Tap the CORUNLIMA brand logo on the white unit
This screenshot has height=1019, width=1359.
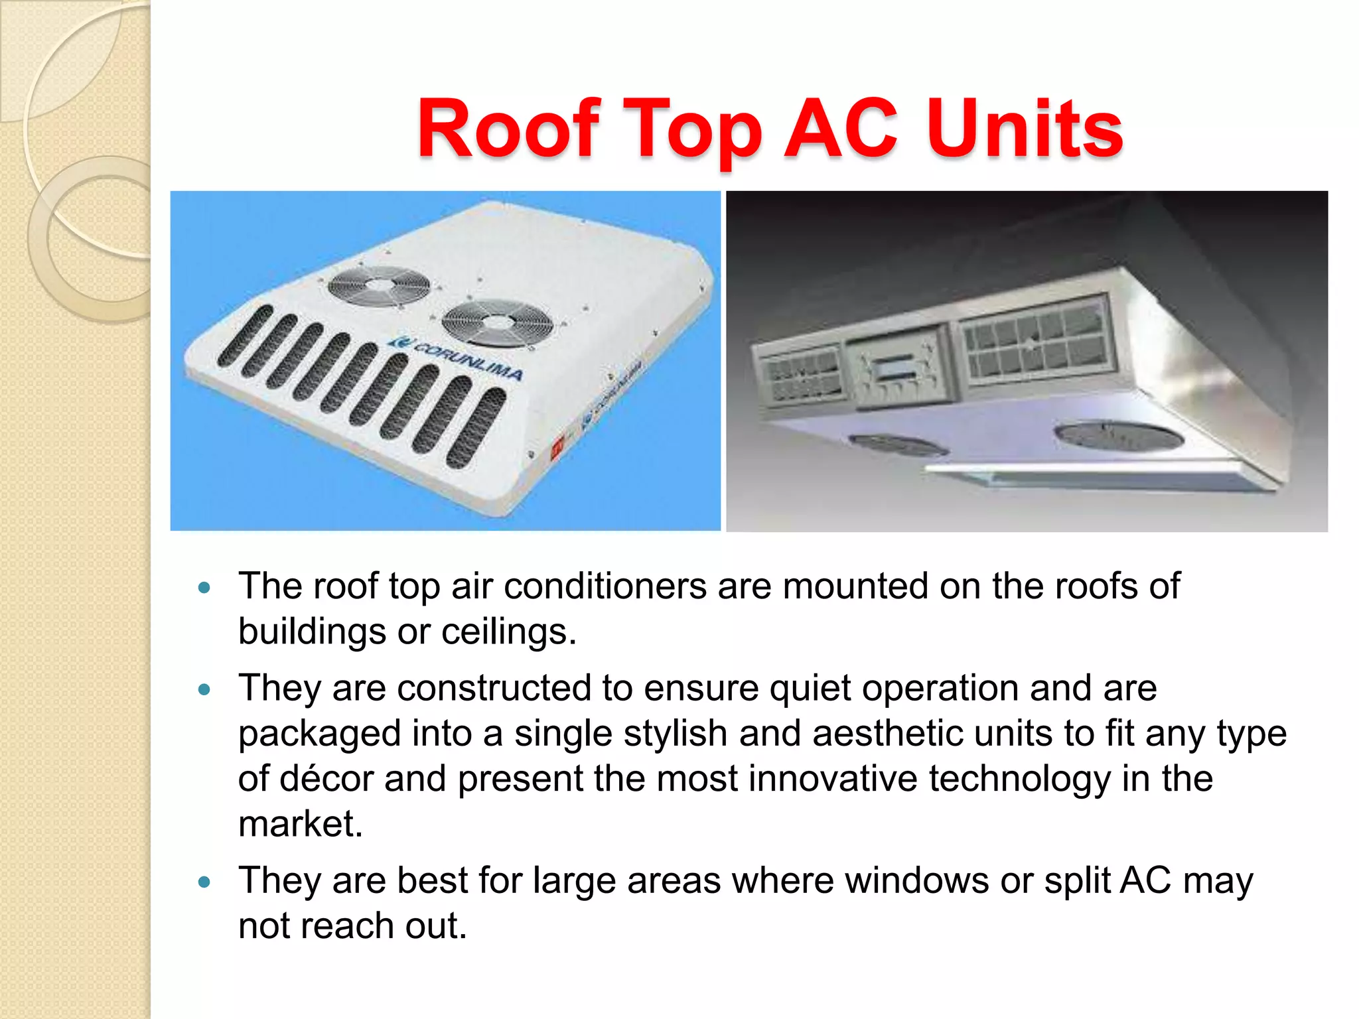tap(458, 359)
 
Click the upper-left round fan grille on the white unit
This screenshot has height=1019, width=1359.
tap(379, 285)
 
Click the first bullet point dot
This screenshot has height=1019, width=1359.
tap(204, 588)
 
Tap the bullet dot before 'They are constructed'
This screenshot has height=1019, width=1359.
tap(204, 690)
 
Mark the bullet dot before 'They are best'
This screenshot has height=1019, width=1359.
tap(204, 882)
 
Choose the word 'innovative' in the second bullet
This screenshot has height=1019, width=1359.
tap(833, 779)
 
